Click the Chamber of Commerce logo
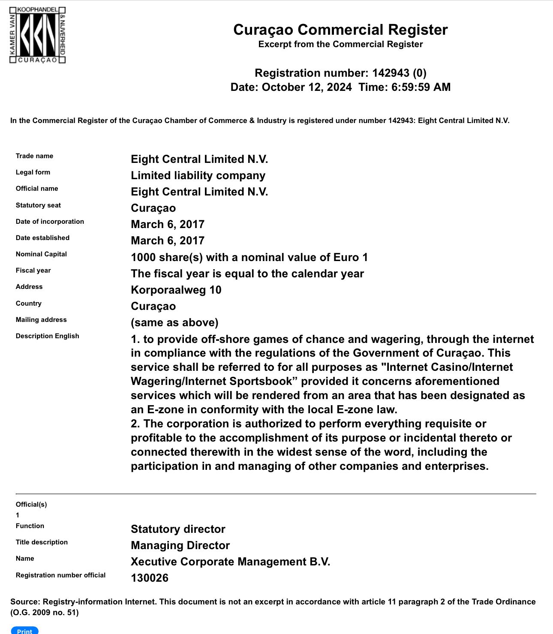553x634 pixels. (x=38, y=35)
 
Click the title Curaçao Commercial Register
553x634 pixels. (x=340, y=30)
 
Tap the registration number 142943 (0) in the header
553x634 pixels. (x=399, y=73)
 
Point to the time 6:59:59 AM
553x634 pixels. (x=421, y=87)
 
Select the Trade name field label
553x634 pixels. (x=34, y=156)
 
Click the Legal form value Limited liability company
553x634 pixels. (x=198, y=176)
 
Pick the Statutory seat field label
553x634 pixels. (x=38, y=205)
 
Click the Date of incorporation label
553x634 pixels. (x=50, y=222)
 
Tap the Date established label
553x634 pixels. (x=42, y=238)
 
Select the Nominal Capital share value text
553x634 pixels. (x=249, y=257)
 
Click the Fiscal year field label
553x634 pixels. (x=33, y=270)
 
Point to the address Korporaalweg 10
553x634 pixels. (x=176, y=290)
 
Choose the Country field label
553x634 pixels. (x=28, y=303)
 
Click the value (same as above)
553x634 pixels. (x=174, y=323)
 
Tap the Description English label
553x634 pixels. (x=47, y=336)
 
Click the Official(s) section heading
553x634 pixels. (x=31, y=505)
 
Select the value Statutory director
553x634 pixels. (x=178, y=529)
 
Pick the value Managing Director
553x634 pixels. (x=180, y=546)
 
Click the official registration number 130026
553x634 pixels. (x=150, y=578)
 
